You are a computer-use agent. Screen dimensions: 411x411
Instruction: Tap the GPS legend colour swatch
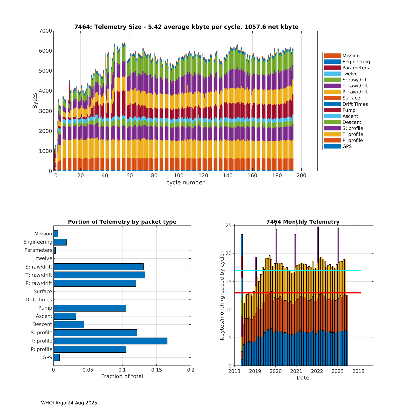tap(332, 146)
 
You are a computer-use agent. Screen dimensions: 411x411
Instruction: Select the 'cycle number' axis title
tap(185, 182)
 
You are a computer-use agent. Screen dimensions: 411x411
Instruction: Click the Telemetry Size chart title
tap(186, 27)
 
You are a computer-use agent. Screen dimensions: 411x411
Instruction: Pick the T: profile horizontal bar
tap(110, 341)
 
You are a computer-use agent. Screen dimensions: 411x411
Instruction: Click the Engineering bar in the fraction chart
tap(60, 242)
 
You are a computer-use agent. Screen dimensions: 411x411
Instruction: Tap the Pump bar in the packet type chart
tap(90, 308)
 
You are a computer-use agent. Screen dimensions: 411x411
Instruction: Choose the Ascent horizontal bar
tap(65, 316)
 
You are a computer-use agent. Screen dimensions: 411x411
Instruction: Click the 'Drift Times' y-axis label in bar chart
tap(39, 300)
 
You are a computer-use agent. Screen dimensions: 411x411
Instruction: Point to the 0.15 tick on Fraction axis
tap(156, 370)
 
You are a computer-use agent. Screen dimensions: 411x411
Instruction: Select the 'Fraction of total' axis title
tap(122, 376)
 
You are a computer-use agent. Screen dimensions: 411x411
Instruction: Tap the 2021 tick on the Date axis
tap(296, 371)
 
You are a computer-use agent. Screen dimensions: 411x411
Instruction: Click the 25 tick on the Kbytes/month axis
tap(228, 226)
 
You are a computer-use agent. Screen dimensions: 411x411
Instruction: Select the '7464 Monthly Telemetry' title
tap(303, 222)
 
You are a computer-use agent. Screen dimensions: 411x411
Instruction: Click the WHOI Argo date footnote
tap(69, 403)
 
